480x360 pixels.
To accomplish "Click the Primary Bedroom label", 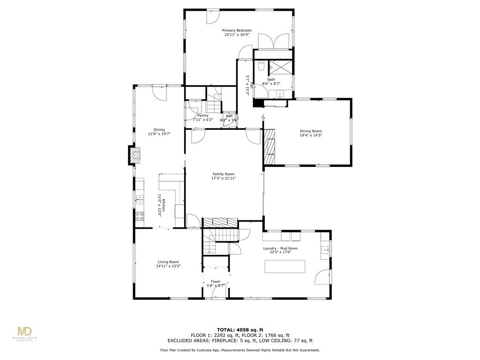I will tap(237, 30).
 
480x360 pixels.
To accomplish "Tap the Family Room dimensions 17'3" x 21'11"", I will tap(223, 178).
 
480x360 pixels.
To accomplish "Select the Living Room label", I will tap(168, 262).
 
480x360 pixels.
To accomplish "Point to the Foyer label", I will tap(216, 281).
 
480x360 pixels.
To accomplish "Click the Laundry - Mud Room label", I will tap(280, 248).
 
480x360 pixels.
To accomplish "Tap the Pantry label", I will tap(202, 115).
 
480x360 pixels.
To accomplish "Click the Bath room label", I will tap(271, 79).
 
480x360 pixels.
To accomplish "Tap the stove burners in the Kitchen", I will tap(139, 216).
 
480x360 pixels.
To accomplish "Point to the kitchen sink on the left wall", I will tap(139, 200).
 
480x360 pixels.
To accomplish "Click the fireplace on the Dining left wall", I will tap(135, 155).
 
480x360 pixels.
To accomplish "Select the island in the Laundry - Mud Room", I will tap(285, 266).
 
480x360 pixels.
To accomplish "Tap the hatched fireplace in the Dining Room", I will tap(270, 147).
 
